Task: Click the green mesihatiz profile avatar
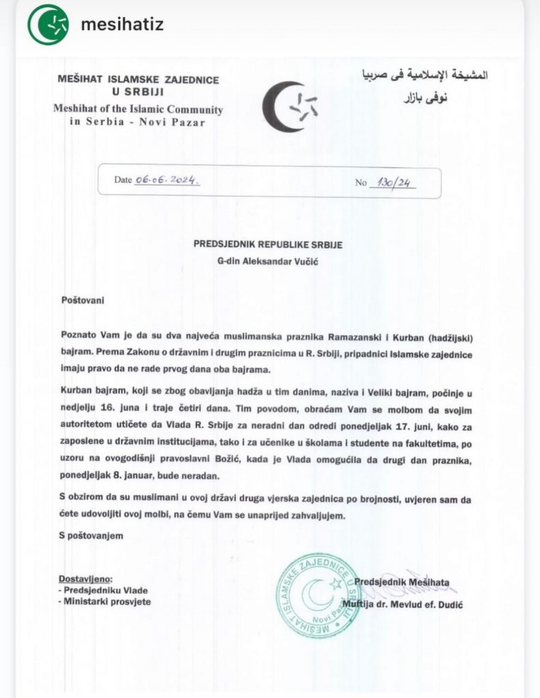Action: (x=48, y=25)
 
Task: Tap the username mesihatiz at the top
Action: (x=122, y=25)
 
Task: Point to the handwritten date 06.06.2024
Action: (x=166, y=181)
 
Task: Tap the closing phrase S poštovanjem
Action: (x=91, y=536)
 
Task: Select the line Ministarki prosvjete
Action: (x=108, y=602)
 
